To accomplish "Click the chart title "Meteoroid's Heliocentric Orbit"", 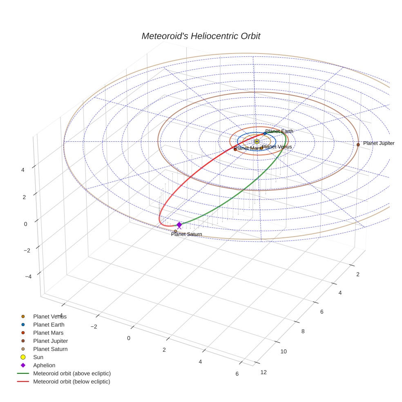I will [201, 36].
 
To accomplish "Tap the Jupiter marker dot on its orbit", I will [358, 144].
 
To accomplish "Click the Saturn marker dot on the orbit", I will [175, 231].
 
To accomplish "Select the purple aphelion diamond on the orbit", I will [179, 225].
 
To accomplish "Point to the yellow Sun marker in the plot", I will [257, 141].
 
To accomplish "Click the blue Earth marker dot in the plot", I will [265, 133].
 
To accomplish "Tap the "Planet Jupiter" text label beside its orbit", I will [379, 143].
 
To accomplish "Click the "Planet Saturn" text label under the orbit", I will [186, 234].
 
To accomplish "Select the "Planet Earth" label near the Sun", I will [279, 131].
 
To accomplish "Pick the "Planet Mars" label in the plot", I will [248, 148].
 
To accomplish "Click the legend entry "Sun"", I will [38, 357].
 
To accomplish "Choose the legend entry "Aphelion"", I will [44, 365].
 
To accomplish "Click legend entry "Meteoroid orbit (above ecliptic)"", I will [72, 373].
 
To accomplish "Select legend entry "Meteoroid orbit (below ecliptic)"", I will [71, 382].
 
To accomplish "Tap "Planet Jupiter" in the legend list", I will [50, 341].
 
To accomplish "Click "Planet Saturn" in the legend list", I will [50, 349].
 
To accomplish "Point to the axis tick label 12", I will [264, 372].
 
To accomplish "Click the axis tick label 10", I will [284, 351].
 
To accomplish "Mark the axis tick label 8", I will [303, 331].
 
